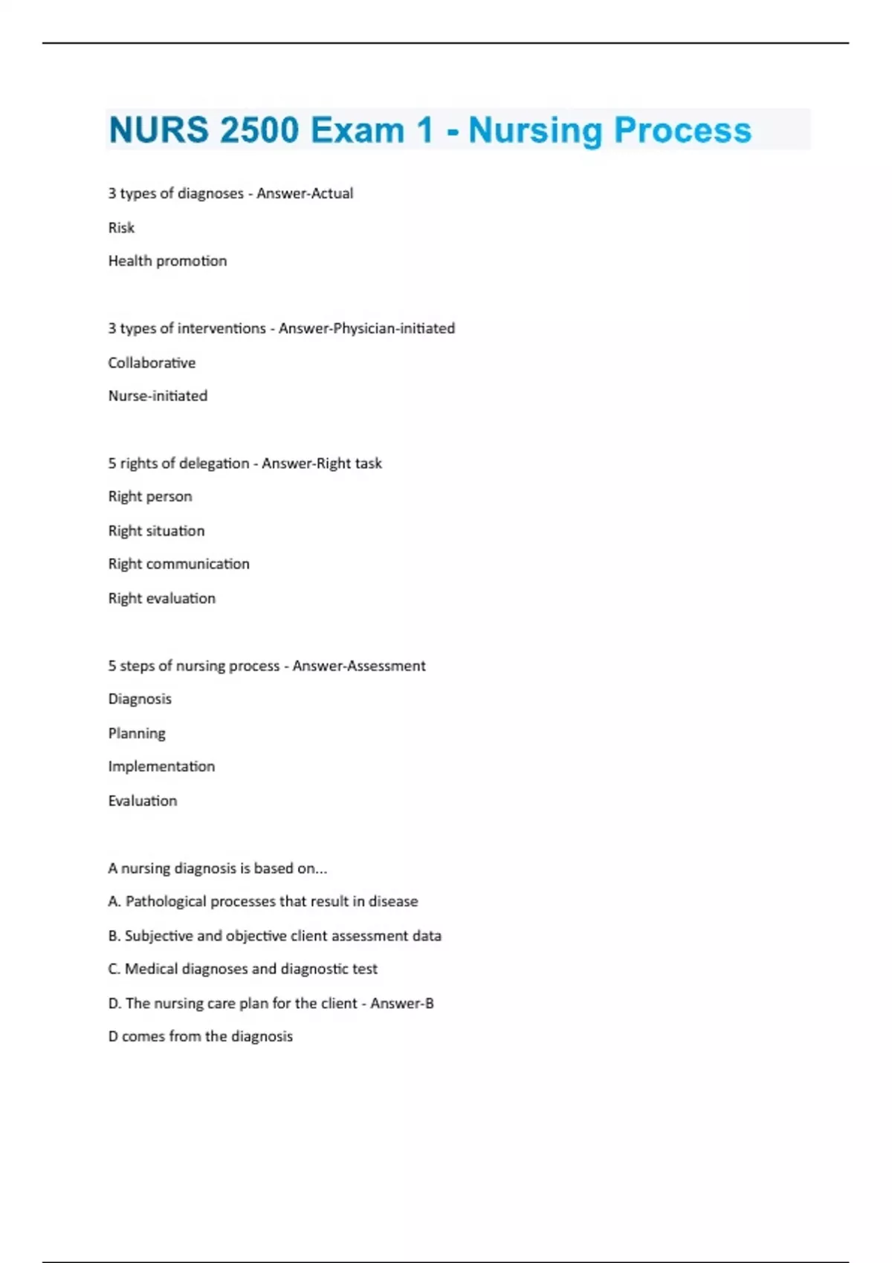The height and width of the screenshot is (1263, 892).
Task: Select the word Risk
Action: [x=121, y=227]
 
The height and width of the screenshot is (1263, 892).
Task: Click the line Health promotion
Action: [x=167, y=261]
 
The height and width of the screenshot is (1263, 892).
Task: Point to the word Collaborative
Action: [x=152, y=363]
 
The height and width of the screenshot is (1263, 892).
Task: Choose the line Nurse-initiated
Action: [x=158, y=396]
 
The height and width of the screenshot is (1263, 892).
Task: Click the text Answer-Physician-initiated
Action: [x=366, y=328]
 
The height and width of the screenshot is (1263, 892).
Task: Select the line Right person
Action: [x=150, y=496]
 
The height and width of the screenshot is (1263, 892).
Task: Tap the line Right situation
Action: [x=156, y=530]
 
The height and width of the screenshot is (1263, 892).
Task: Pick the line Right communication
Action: [x=178, y=564]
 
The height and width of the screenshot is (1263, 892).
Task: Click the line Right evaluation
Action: [x=161, y=598]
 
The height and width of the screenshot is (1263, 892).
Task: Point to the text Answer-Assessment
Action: [x=358, y=666]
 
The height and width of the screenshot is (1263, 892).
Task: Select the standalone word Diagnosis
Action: [x=140, y=699]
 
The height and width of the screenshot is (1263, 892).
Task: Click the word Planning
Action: [x=137, y=733]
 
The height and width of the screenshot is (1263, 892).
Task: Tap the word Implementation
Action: [x=161, y=767]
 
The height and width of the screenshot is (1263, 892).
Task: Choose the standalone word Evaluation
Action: [x=143, y=801]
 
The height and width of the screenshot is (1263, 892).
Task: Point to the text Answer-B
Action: [x=401, y=1003]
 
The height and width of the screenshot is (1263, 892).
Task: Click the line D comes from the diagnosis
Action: [x=200, y=1036]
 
